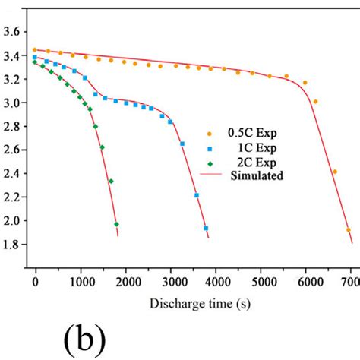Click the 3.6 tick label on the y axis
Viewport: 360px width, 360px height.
13,32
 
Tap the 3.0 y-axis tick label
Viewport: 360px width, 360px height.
13,102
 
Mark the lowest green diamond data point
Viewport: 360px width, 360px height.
116,224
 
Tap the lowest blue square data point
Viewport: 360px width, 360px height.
206,228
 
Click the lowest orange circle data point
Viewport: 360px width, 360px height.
348,229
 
